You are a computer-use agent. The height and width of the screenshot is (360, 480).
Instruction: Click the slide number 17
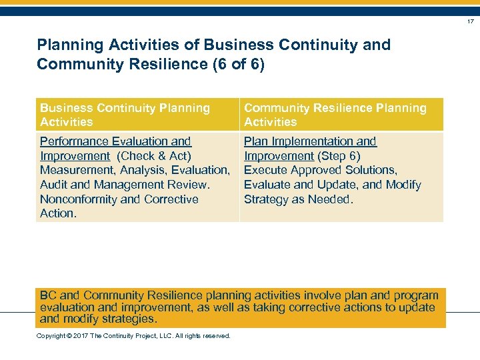(470, 22)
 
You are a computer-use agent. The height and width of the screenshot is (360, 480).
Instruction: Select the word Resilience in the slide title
(188, 64)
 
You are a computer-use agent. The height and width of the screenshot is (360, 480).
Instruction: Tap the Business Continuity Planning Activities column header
(125, 115)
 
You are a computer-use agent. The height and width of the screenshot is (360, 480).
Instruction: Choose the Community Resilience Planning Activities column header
(335, 115)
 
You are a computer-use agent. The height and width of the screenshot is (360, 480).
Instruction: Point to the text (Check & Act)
(154, 156)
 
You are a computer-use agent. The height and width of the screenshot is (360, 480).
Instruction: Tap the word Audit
(55, 185)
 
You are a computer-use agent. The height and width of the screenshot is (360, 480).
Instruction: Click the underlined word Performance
(75, 141)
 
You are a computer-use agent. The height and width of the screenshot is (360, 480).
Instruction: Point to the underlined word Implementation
(310, 141)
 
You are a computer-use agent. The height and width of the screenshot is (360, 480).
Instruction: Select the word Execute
(266, 170)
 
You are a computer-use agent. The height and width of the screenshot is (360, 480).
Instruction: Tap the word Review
(189, 185)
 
